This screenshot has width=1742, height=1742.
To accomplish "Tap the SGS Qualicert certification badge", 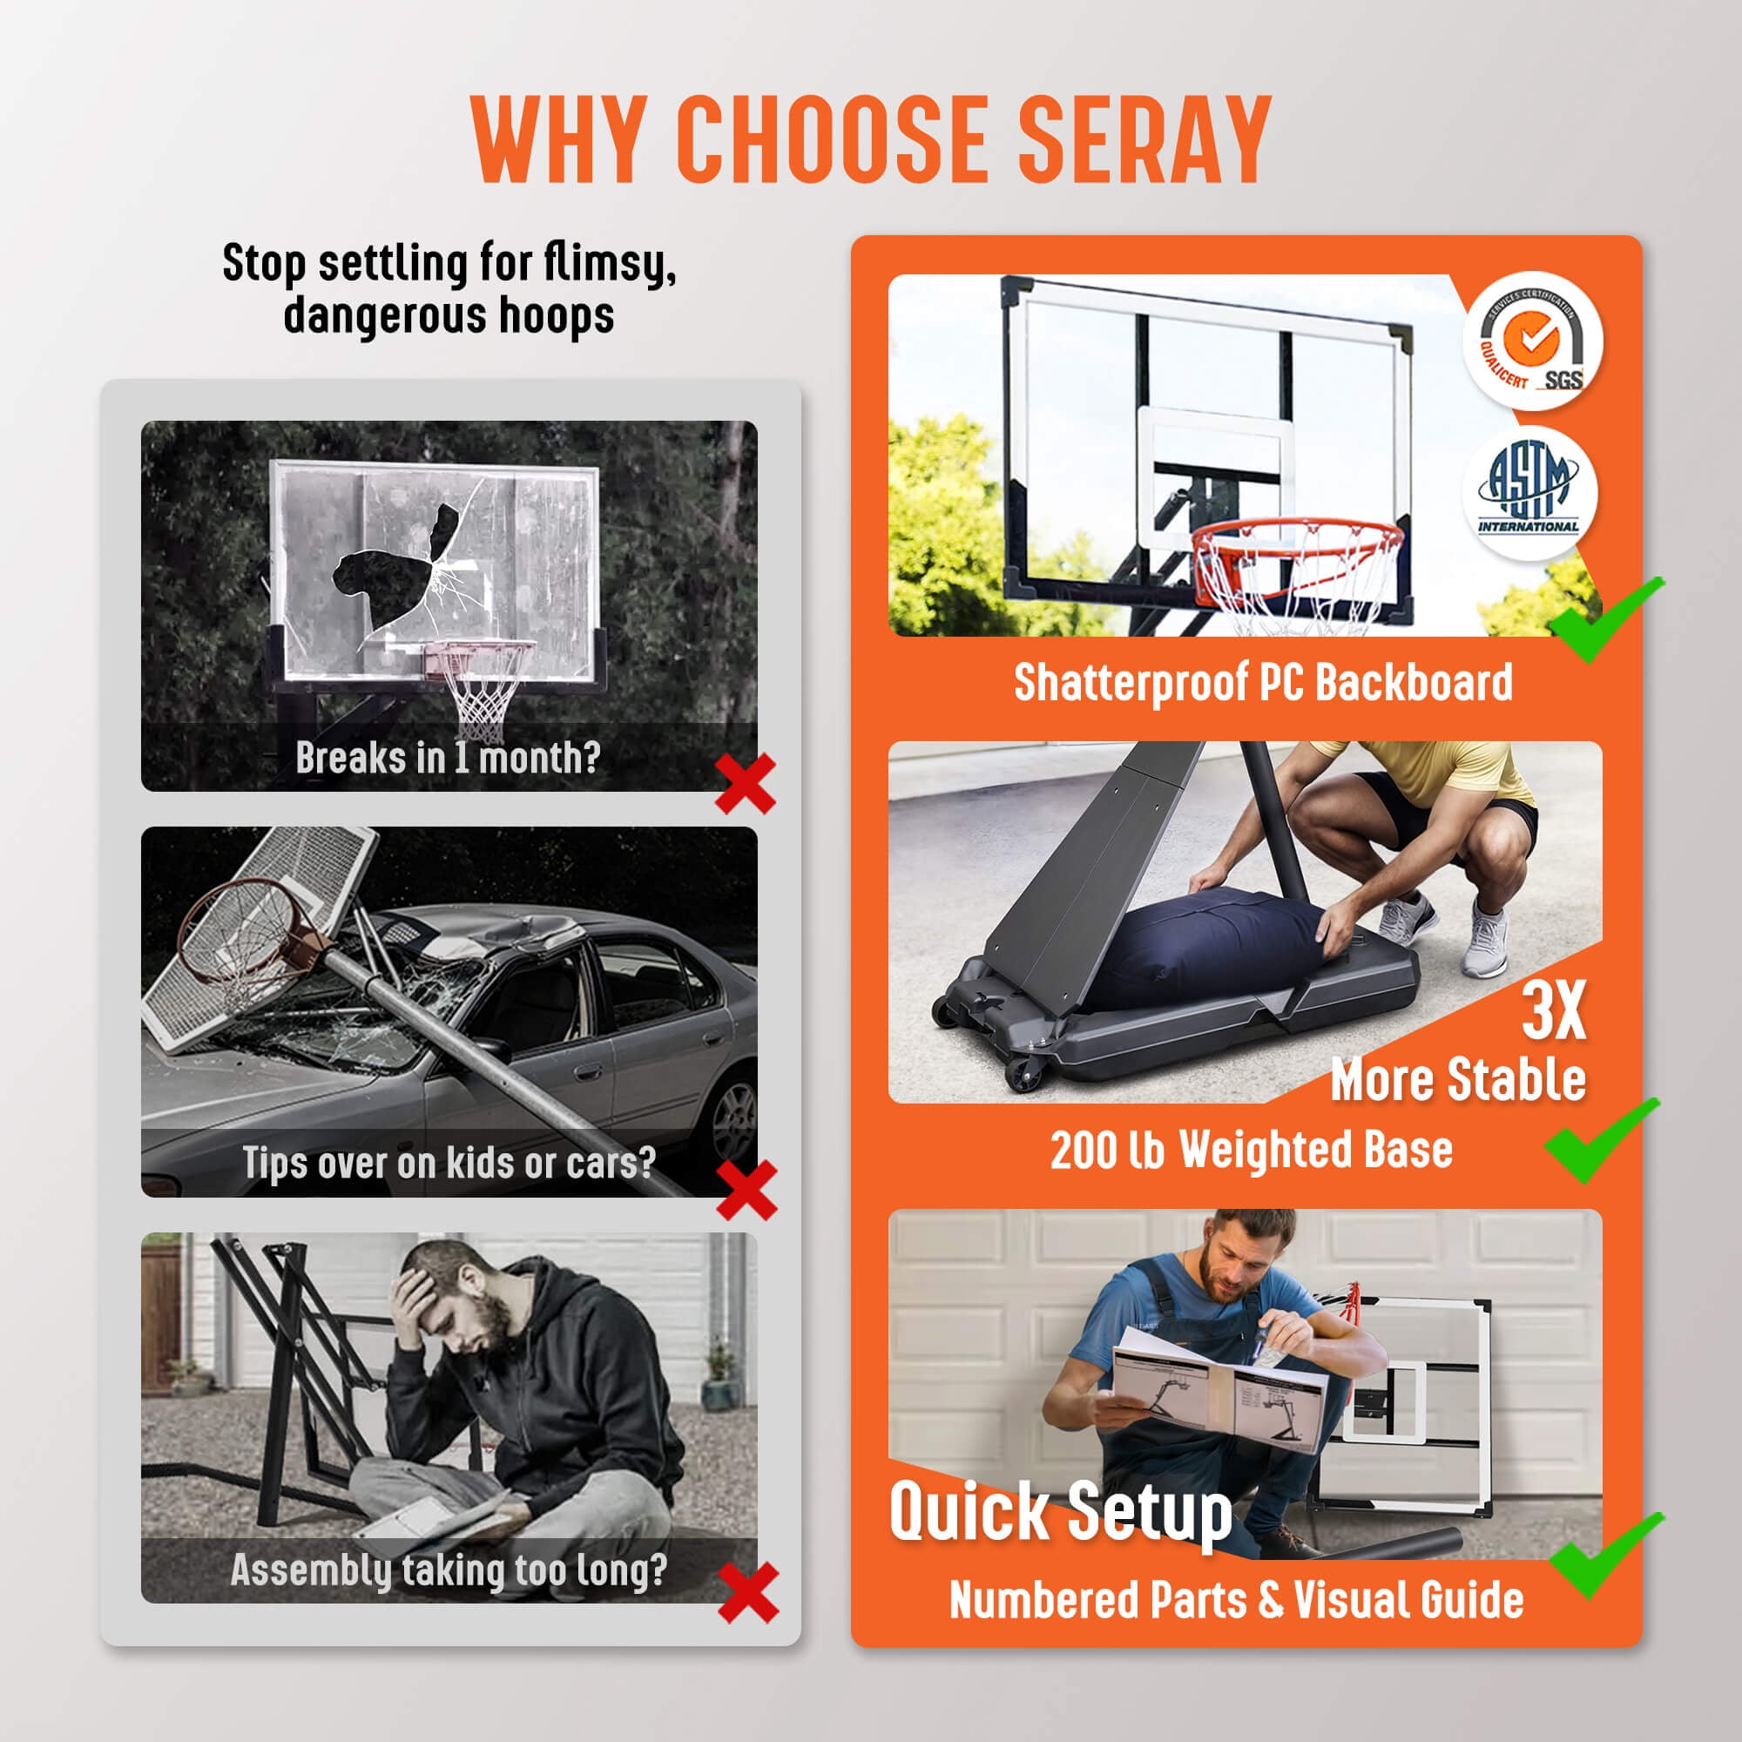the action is [x=1533, y=341].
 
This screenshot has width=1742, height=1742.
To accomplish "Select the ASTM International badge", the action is [x=1529, y=493].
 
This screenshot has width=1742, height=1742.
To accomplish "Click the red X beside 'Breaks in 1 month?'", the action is [x=746, y=784].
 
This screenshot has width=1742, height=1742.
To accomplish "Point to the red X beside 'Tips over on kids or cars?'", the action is [x=746, y=1189].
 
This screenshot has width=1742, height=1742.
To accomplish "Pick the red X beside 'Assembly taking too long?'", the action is [x=748, y=1593].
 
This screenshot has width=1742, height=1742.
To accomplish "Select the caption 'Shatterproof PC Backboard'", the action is [x=1263, y=683].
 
